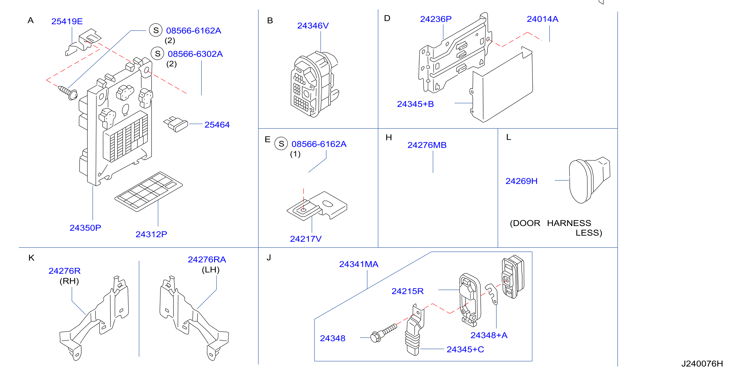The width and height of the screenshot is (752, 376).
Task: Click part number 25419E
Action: pos(67,21)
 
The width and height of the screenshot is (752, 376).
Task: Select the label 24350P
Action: pos(85,228)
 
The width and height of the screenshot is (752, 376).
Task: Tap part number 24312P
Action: pos(151,234)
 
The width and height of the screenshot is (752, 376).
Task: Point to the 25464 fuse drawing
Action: pos(175,124)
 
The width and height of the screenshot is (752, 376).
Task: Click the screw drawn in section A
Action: pos(68,92)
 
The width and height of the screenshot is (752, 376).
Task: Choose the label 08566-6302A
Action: pos(195,54)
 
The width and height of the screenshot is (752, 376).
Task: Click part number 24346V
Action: pos(313,26)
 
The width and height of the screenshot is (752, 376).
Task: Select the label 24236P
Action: pos(436,19)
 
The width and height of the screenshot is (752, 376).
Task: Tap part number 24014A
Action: pos(542,19)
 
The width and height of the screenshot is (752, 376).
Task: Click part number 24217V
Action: pos(306,239)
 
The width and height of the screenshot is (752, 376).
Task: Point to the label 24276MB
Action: pos(427,145)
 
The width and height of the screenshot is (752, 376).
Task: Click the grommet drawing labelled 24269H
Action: pos(589,180)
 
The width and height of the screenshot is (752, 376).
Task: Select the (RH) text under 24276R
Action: pos(69,281)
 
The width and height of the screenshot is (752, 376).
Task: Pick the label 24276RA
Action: pos(207,259)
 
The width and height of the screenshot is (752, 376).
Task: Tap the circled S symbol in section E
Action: pos(281,144)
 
